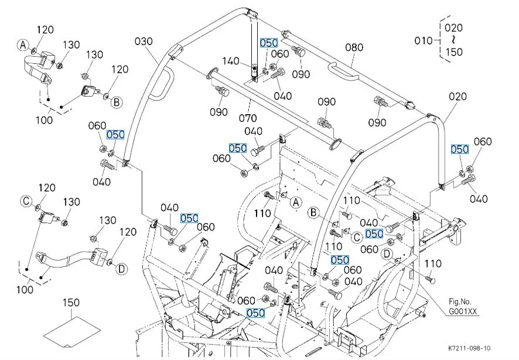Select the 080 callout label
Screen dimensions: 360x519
point(354,47)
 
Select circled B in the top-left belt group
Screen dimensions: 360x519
point(117,102)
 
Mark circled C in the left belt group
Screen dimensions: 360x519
point(26,201)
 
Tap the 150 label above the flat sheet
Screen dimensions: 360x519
point(71,303)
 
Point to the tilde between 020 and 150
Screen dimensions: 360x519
point(453,39)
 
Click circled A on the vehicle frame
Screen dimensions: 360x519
point(296,202)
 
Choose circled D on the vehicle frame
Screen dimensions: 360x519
point(387,253)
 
